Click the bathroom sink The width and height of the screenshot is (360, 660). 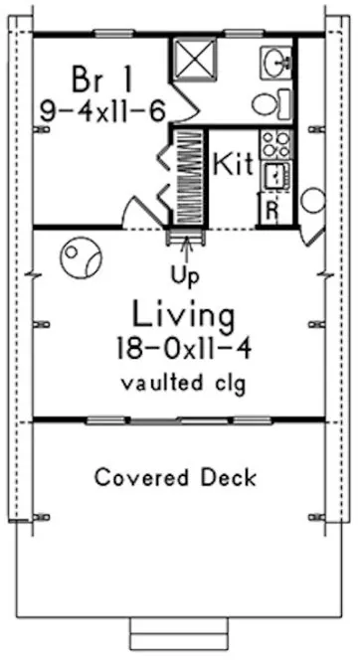(x=275, y=62)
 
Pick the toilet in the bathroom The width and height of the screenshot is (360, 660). (x=269, y=102)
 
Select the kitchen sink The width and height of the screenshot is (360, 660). (x=273, y=176)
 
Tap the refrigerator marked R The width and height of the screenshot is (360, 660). (x=270, y=209)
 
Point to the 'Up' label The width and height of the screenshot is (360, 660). (x=182, y=271)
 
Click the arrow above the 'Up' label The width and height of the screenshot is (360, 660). (x=182, y=248)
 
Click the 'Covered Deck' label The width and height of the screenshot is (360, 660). (x=176, y=477)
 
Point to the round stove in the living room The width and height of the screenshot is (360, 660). (x=79, y=259)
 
